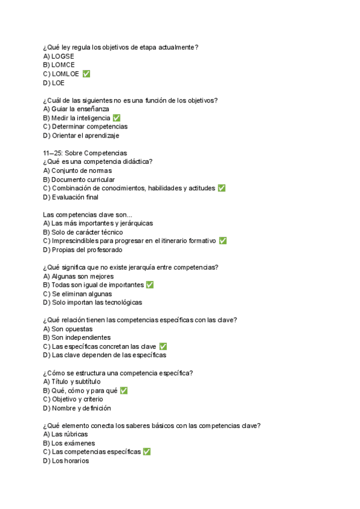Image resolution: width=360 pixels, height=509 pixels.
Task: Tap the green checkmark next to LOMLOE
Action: pos(86,74)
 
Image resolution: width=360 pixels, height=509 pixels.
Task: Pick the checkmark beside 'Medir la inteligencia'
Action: pos(116,118)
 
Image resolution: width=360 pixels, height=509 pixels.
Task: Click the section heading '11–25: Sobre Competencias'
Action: pos(85,153)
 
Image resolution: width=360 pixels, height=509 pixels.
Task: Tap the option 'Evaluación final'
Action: pos(70,197)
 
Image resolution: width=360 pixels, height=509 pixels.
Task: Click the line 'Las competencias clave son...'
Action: pos(88,215)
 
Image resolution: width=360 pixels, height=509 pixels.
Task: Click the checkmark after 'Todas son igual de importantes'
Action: pos(150,285)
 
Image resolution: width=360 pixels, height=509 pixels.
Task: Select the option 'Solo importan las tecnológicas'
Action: pos(92,303)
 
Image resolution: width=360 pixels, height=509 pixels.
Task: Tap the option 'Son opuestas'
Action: pos(68,329)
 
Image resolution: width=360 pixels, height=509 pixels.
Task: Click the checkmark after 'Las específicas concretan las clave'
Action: pos(163,346)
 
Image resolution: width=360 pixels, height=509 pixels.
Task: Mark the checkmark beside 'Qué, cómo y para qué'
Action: pos(124,391)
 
